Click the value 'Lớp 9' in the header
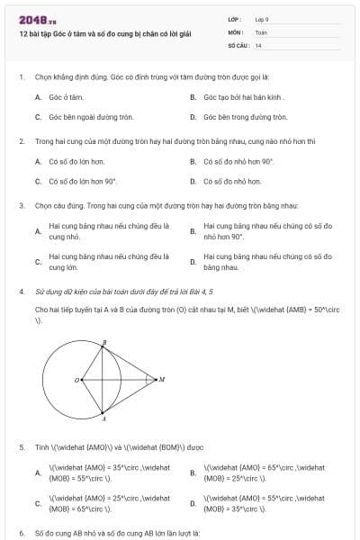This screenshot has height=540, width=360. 262,18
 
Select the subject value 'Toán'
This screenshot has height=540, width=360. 261,31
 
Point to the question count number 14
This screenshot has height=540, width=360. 258,44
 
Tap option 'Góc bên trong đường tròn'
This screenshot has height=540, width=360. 245,117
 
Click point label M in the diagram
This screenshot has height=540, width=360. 162,380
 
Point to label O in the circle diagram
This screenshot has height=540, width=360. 76,381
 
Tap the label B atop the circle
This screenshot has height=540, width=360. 104,342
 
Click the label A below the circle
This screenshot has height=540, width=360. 103,418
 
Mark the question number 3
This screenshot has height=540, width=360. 21,205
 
